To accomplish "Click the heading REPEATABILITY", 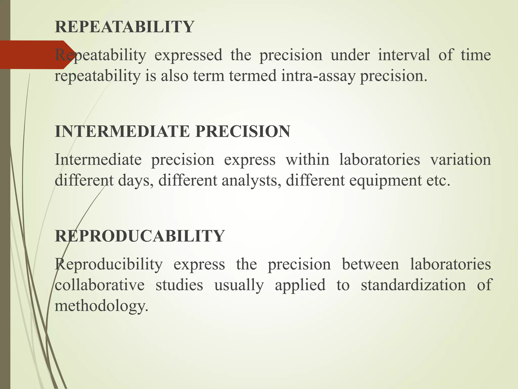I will (x=124, y=27).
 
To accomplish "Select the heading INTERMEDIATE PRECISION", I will (x=172, y=131).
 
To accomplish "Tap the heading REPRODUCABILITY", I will (x=140, y=236).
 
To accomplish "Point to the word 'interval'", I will (x=404, y=55).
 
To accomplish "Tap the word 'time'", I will (x=476, y=55).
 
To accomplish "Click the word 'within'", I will (x=307, y=160).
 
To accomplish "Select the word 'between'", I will (x=370, y=264).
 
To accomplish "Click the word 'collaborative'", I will (x=100, y=285).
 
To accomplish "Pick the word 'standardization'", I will (x=413, y=285).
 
